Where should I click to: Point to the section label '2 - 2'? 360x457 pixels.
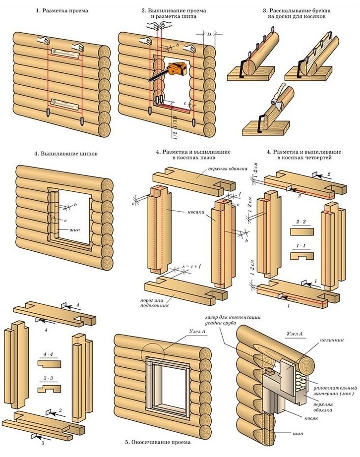[300, 222]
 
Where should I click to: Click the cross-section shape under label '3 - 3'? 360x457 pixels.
[49, 388]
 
